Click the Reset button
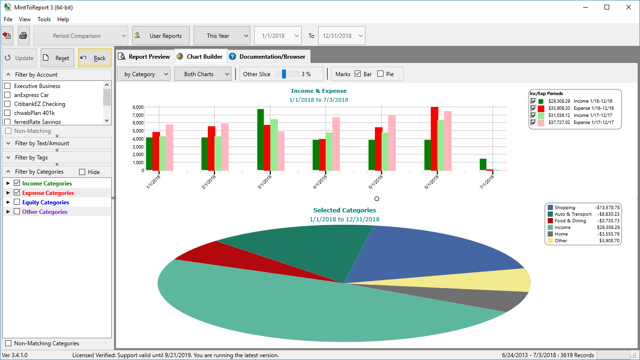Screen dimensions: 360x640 (x=57, y=58)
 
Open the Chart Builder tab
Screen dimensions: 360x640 (x=201, y=57)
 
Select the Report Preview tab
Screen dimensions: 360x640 (x=144, y=57)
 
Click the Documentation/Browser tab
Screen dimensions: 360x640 (x=268, y=57)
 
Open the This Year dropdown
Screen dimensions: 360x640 (x=222, y=35)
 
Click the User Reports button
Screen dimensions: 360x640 (x=160, y=35)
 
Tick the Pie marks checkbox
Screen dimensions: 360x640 (x=381, y=74)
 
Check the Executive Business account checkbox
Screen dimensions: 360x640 (x=7, y=86)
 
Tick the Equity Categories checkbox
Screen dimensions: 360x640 (x=17, y=202)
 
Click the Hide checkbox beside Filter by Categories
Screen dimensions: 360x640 (x=82, y=172)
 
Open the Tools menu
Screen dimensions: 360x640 (x=44, y=19)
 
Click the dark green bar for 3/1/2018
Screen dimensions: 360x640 (x=260, y=140)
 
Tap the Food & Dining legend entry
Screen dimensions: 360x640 (x=570, y=221)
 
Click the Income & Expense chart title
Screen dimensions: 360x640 (x=319, y=91)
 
